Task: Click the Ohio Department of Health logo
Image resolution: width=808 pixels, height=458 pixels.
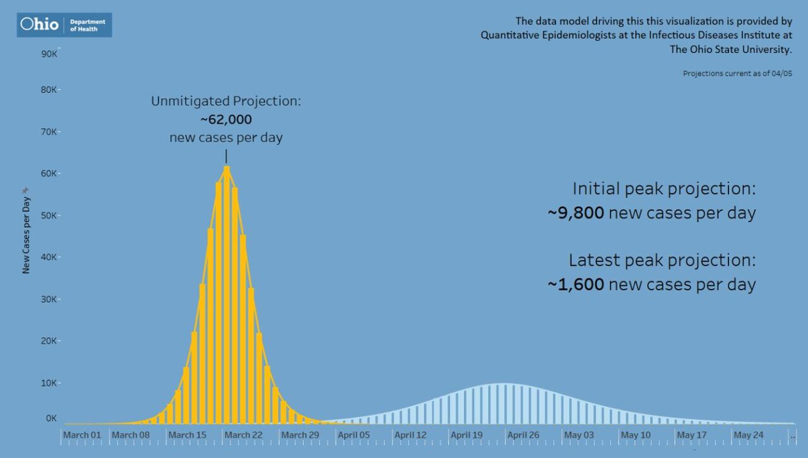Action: click(64, 25)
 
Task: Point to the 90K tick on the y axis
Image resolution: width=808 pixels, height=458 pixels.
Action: click(50, 54)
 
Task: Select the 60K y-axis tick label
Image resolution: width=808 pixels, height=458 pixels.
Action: click(50, 173)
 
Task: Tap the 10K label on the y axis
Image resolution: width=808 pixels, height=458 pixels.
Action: click(50, 383)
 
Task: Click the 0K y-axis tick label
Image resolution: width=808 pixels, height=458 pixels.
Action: click(51, 418)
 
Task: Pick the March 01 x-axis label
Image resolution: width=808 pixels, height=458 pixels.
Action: click(82, 435)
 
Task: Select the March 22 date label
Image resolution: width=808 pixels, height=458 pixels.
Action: click(243, 435)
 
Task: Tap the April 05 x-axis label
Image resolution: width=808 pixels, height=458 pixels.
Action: click(353, 435)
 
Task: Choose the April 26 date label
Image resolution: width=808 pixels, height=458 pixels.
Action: click(523, 435)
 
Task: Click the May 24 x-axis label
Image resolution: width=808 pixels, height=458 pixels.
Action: click(749, 435)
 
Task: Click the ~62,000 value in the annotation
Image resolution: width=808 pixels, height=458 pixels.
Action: click(226, 120)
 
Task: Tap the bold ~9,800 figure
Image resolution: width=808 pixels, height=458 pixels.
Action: click(576, 213)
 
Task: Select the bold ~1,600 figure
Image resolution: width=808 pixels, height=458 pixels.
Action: click(576, 285)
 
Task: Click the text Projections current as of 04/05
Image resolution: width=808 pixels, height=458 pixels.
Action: click(737, 74)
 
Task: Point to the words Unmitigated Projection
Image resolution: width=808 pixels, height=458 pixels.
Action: click(226, 101)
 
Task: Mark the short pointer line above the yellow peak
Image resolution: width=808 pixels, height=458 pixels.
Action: click(226, 156)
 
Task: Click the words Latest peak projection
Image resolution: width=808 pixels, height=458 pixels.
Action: click(662, 260)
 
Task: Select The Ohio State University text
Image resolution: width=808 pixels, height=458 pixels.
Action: click(730, 49)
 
